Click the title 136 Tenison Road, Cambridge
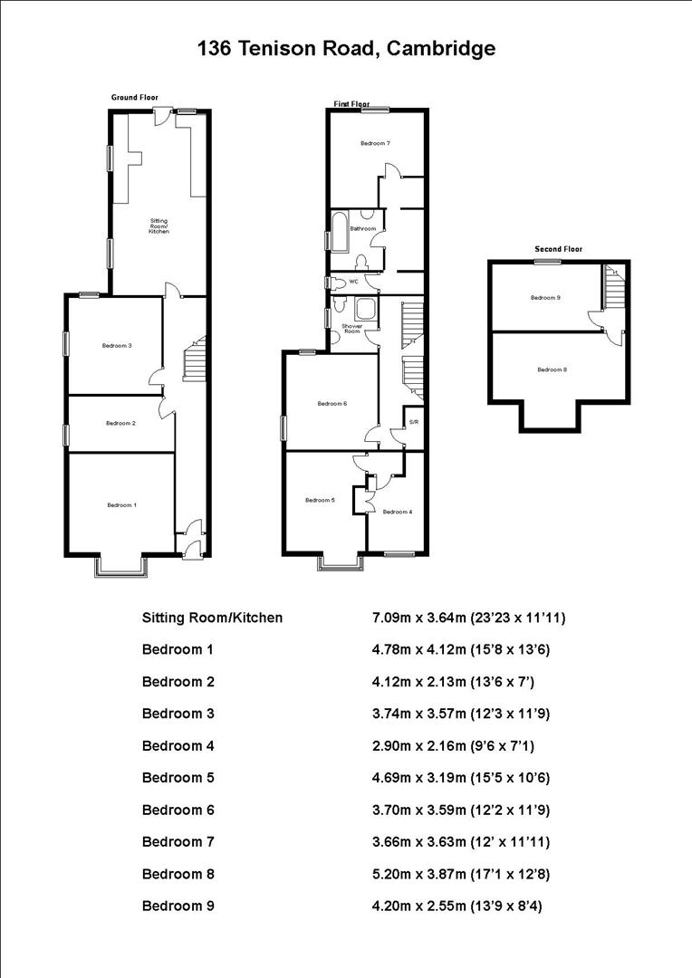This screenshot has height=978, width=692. [x=346, y=49]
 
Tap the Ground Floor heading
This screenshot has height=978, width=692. [x=134, y=97]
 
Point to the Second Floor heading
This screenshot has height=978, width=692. [x=558, y=249]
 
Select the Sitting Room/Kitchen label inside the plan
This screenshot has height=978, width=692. [x=159, y=225]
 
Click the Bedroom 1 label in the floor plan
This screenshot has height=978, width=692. [x=121, y=504]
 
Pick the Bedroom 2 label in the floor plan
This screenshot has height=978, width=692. [x=120, y=423]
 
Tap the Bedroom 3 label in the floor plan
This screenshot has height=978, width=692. [x=118, y=345]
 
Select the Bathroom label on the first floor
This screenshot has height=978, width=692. [x=363, y=229]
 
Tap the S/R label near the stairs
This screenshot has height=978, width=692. [x=413, y=422]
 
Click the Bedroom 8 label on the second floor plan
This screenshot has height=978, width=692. [x=552, y=369]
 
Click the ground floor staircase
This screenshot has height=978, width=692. [x=196, y=360]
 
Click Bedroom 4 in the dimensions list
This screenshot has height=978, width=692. [x=178, y=745]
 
